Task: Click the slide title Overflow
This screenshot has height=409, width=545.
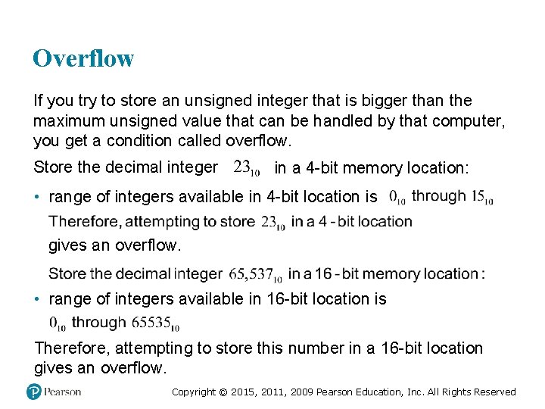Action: (83, 58)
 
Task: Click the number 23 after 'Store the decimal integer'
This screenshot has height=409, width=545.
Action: (243, 166)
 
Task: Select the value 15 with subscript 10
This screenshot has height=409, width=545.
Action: (478, 196)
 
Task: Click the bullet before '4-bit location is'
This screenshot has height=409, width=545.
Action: (38, 197)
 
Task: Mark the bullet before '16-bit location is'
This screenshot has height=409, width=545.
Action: (38, 299)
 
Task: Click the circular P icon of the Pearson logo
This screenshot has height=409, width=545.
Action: (33, 392)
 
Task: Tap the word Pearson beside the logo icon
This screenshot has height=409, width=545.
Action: (62, 392)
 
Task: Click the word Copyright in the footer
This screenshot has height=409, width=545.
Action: (194, 392)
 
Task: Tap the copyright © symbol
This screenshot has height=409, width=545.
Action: (223, 392)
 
